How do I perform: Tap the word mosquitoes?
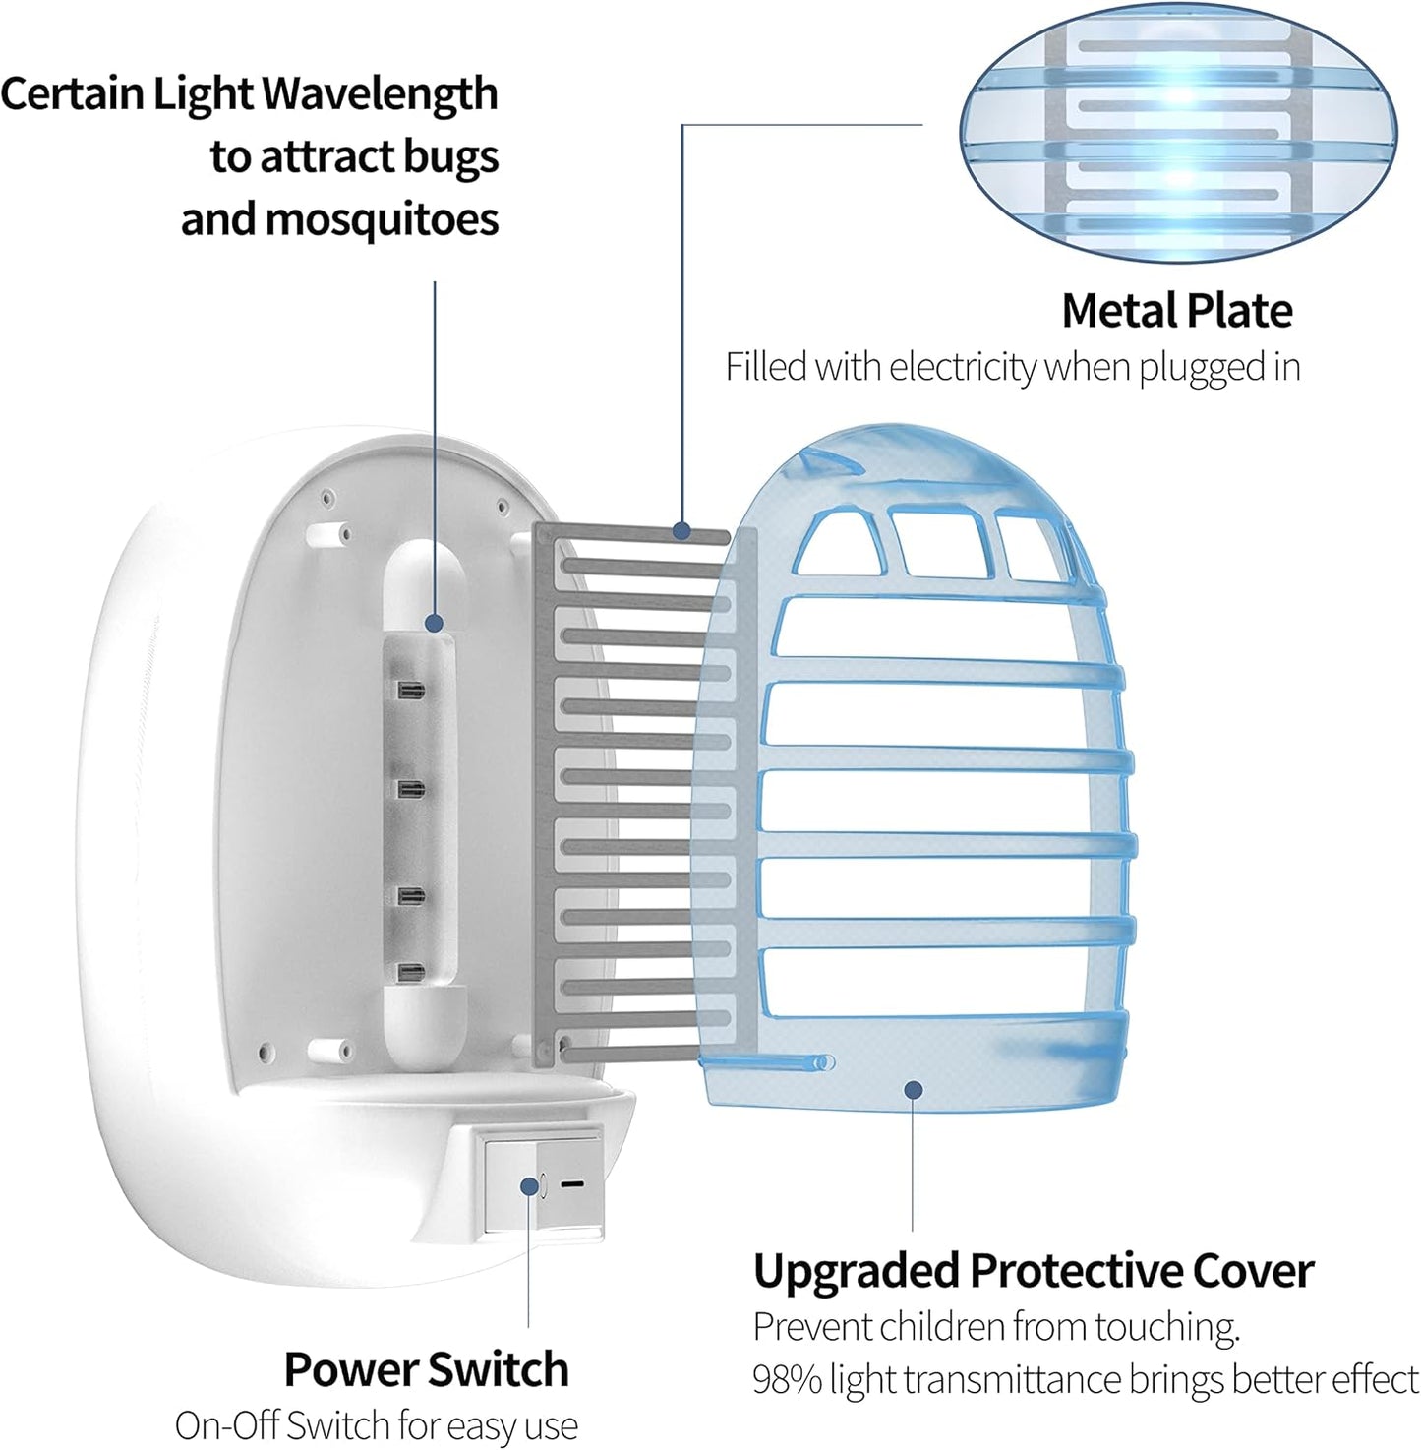tap(383, 219)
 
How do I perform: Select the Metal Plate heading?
tap(1176, 310)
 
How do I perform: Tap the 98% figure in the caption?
tap(787, 1379)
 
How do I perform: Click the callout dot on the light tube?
tap(434, 623)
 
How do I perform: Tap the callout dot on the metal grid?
tap(681, 531)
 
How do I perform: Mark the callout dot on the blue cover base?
tap(914, 1089)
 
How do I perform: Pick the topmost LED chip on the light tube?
tap(411, 690)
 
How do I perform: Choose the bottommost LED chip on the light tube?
tap(411, 972)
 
